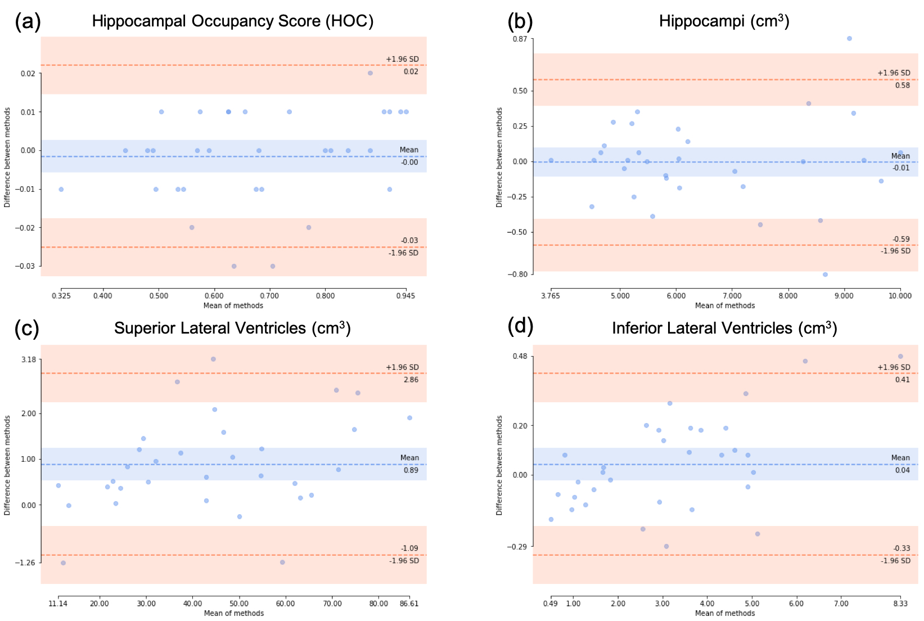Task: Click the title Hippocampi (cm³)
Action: point(724,21)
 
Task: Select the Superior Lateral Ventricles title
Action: point(232,328)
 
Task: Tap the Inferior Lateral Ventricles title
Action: point(724,328)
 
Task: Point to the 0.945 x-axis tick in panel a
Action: point(405,296)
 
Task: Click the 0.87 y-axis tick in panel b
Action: point(520,39)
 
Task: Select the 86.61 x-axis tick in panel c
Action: point(409,604)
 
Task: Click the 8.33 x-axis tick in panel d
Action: point(900,604)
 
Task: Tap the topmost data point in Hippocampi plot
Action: point(849,39)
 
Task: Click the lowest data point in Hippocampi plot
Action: point(825,274)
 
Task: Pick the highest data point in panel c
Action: point(213,359)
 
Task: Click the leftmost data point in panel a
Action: point(61,190)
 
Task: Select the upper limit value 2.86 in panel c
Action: point(411,380)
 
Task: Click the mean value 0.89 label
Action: point(411,470)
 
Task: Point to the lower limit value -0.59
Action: point(901,239)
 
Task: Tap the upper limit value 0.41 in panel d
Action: point(902,380)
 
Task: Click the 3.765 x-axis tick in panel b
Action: point(551,296)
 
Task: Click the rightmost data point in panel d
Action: point(900,357)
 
